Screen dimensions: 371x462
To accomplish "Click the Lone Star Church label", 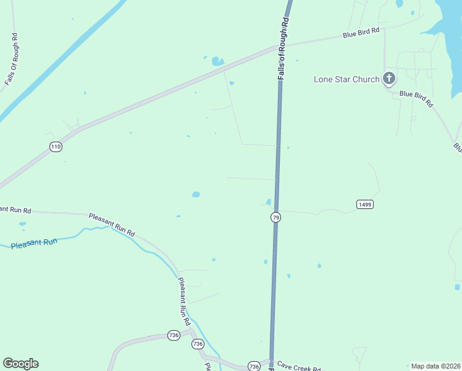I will tap(346, 79).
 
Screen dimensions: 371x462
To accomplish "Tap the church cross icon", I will tap(389, 79).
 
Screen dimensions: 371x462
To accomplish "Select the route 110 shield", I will tap(56, 147).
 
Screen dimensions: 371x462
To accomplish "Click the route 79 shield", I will tap(275, 217).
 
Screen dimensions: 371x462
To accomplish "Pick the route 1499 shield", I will tap(364, 204).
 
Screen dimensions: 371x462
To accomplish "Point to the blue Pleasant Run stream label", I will tap(34, 243).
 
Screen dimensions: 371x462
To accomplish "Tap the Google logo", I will tap(20, 364).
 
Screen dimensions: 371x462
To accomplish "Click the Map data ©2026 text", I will tap(435, 366).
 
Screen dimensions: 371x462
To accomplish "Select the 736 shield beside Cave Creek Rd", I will tap(254, 366).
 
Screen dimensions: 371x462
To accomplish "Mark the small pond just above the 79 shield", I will tap(269, 202).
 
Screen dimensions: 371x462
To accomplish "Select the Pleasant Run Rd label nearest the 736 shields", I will tap(183, 301).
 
